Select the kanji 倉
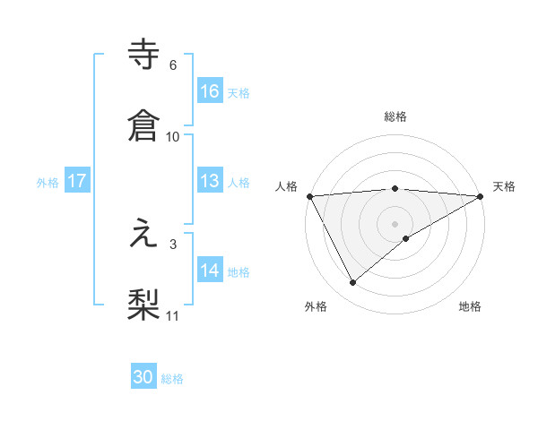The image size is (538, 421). tap(144, 125)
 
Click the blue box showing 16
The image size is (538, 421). tap(210, 90)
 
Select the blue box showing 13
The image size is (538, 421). tap(210, 181)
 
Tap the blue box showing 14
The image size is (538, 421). tap(210, 270)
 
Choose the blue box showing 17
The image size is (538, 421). tap(77, 181)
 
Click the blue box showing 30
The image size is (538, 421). tap(143, 377)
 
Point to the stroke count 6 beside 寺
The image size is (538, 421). tap(173, 65)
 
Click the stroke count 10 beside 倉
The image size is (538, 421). tap(173, 136)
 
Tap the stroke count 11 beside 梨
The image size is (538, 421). tap(173, 315)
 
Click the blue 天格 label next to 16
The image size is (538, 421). tap(239, 92)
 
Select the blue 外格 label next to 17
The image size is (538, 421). tap(48, 183)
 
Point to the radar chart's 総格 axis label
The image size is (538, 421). tap(395, 116)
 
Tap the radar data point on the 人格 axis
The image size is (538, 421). tap(309, 196)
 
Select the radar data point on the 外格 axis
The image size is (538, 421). tap(353, 283)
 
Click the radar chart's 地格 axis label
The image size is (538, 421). tap(470, 307)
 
